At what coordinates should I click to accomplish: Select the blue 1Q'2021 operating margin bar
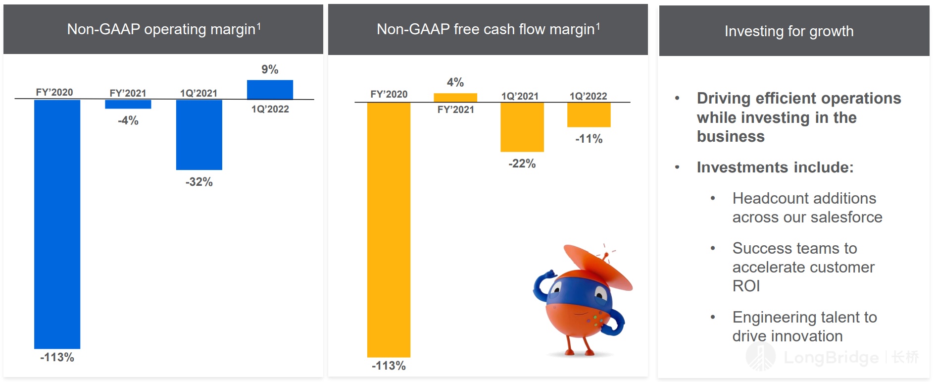(x=199, y=135)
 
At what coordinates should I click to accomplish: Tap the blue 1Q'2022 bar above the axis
(x=270, y=90)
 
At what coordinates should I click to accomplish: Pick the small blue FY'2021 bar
(x=128, y=104)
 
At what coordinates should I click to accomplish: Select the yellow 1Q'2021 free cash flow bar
(x=522, y=127)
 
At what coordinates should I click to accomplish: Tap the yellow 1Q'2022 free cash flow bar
(x=589, y=114)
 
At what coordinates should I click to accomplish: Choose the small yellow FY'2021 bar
(x=455, y=98)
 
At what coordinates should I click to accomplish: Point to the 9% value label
(x=270, y=69)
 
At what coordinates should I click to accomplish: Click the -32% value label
(x=199, y=182)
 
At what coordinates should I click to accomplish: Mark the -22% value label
(x=522, y=164)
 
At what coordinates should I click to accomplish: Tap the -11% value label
(x=589, y=139)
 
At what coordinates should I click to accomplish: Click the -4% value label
(x=128, y=120)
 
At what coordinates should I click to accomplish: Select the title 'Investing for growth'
(x=789, y=31)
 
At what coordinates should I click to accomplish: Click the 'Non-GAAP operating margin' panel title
(x=163, y=29)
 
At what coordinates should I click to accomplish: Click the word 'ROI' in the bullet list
(x=746, y=286)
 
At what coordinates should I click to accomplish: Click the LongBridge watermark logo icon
(x=760, y=357)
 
